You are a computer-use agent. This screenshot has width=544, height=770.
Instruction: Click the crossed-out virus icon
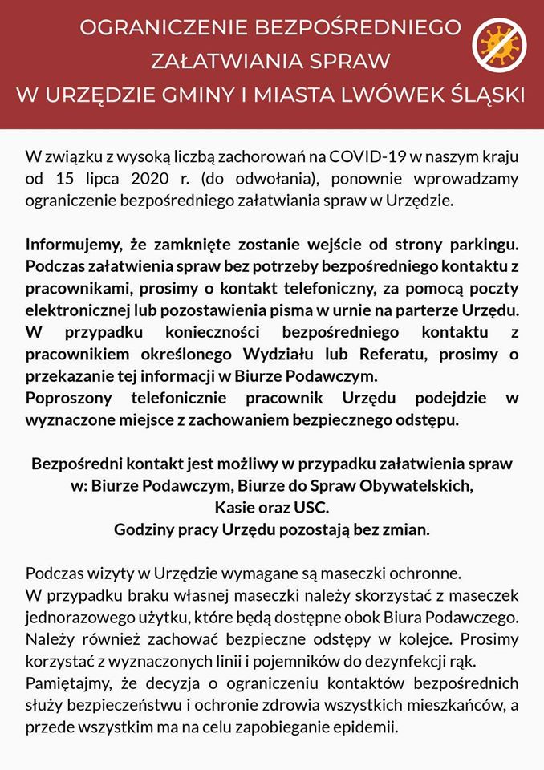(x=497, y=45)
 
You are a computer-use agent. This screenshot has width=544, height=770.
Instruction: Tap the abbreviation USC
(x=312, y=507)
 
